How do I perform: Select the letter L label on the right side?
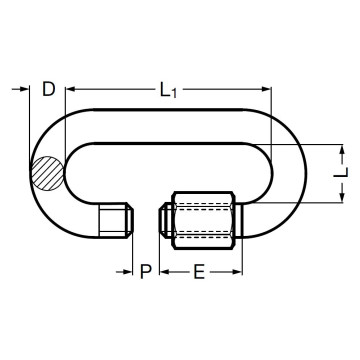[x=344, y=174]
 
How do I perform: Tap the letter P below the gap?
[x=146, y=271]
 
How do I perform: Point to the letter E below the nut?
[x=199, y=271]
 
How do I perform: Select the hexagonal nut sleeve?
[x=204, y=219]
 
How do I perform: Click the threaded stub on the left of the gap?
[x=116, y=221]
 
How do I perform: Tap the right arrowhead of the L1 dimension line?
[x=265, y=88]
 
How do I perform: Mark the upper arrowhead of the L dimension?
[x=344, y=151]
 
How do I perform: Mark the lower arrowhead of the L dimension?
[x=344, y=197]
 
